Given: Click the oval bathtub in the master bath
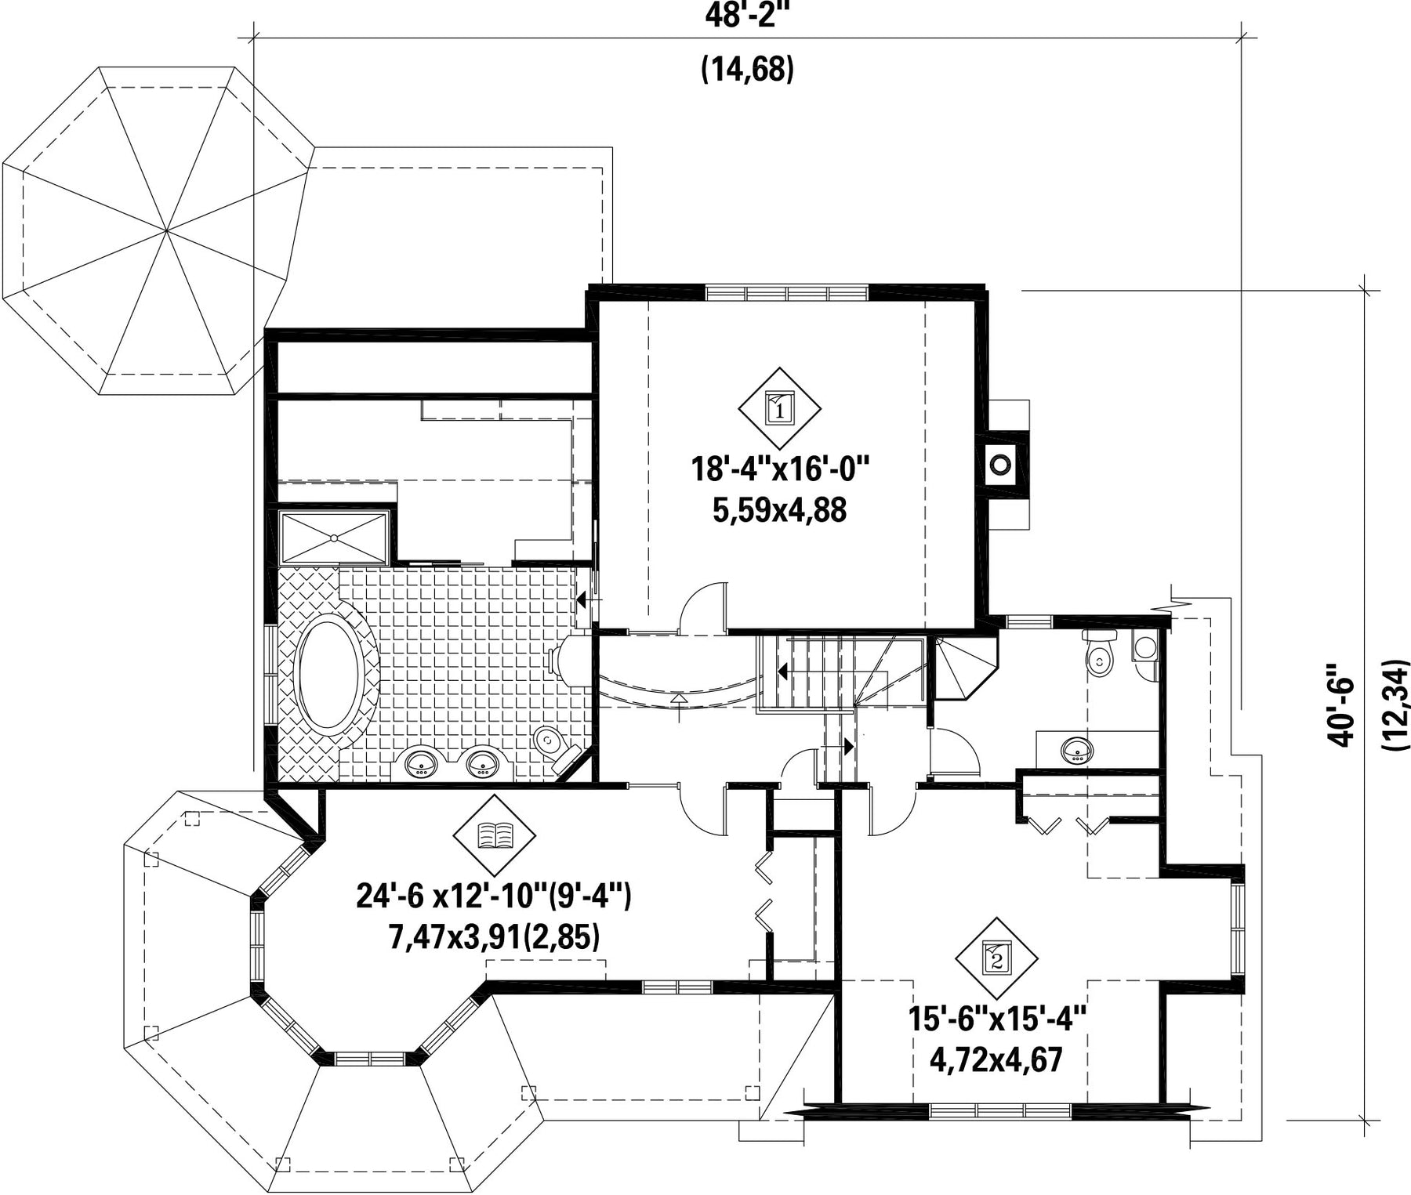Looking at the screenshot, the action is coord(330,674).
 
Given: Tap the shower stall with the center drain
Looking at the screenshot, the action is coord(335,538).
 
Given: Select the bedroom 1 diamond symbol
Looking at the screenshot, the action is coord(780,407).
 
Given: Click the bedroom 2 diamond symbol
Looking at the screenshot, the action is coord(996,958).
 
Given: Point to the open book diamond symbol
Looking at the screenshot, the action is coord(495,835).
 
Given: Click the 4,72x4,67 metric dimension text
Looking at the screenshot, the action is coord(996,1061).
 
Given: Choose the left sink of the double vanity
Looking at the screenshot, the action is coord(421,762).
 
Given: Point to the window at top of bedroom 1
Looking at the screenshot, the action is coord(788,292).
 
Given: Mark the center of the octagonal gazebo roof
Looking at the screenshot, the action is coord(165,231).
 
